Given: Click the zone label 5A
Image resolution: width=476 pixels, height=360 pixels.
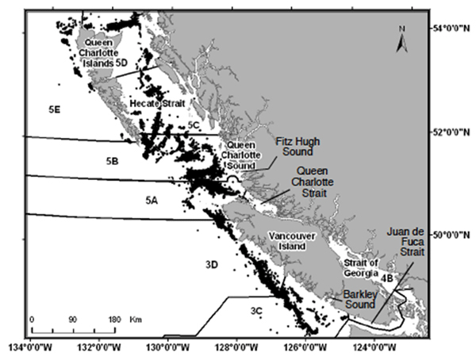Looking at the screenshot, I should click(151, 201).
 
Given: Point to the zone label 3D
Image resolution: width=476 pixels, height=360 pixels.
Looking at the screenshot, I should click(210, 262).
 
